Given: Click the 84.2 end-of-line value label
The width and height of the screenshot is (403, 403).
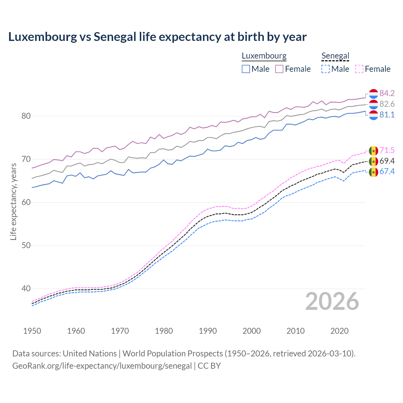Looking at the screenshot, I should pyautogui.click(x=387, y=93).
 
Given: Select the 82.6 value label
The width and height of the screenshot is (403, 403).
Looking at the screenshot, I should pyautogui.click(x=387, y=104).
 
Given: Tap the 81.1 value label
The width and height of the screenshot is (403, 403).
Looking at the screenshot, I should pyautogui.click(x=387, y=115).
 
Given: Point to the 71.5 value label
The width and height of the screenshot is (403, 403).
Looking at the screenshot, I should pyautogui.click(x=387, y=150).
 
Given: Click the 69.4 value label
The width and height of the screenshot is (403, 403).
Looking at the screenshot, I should pyautogui.click(x=387, y=161).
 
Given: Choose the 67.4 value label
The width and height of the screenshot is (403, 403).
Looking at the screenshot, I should pyautogui.click(x=387, y=171).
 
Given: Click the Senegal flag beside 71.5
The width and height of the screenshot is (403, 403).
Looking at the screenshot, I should pyautogui.click(x=373, y=151).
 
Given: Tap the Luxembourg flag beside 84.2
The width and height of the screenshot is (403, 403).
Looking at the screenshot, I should pyautogui.click(x=373, y=94).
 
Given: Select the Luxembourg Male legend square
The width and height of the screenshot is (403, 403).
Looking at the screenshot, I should pyautogui.click(x=246, y=69).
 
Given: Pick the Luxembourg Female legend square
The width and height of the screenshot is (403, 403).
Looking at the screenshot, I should pyautogui.click(x=279, y=69).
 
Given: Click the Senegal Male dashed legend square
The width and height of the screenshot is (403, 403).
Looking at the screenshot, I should pyautogui.click(x=326, y=69).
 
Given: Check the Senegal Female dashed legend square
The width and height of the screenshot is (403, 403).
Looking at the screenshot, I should pyautogui.click(x=359, y=69).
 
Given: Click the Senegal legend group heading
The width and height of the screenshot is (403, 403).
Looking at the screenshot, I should pyautogui.click(x=335, y=56).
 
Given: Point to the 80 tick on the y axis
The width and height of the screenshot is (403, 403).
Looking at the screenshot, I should pyautogui.click(x=26, y=116).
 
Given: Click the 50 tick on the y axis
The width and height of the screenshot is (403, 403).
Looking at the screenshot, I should pyautogui.click(x=26, y=245).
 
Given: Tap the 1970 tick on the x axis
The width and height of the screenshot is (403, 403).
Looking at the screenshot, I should pyautogui.click(x=120, y=331).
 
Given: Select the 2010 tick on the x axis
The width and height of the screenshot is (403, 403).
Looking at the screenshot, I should pyautogui.click(x=295, y=331).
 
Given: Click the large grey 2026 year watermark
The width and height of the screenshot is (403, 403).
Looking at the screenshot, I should pyautogui.click(x=332, y=302).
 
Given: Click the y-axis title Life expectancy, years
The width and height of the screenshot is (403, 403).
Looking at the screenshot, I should pyautogui.click(x=13, y=201).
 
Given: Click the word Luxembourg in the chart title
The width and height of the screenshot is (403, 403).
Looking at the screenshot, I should pyautogui.click(x=42, y=37).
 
